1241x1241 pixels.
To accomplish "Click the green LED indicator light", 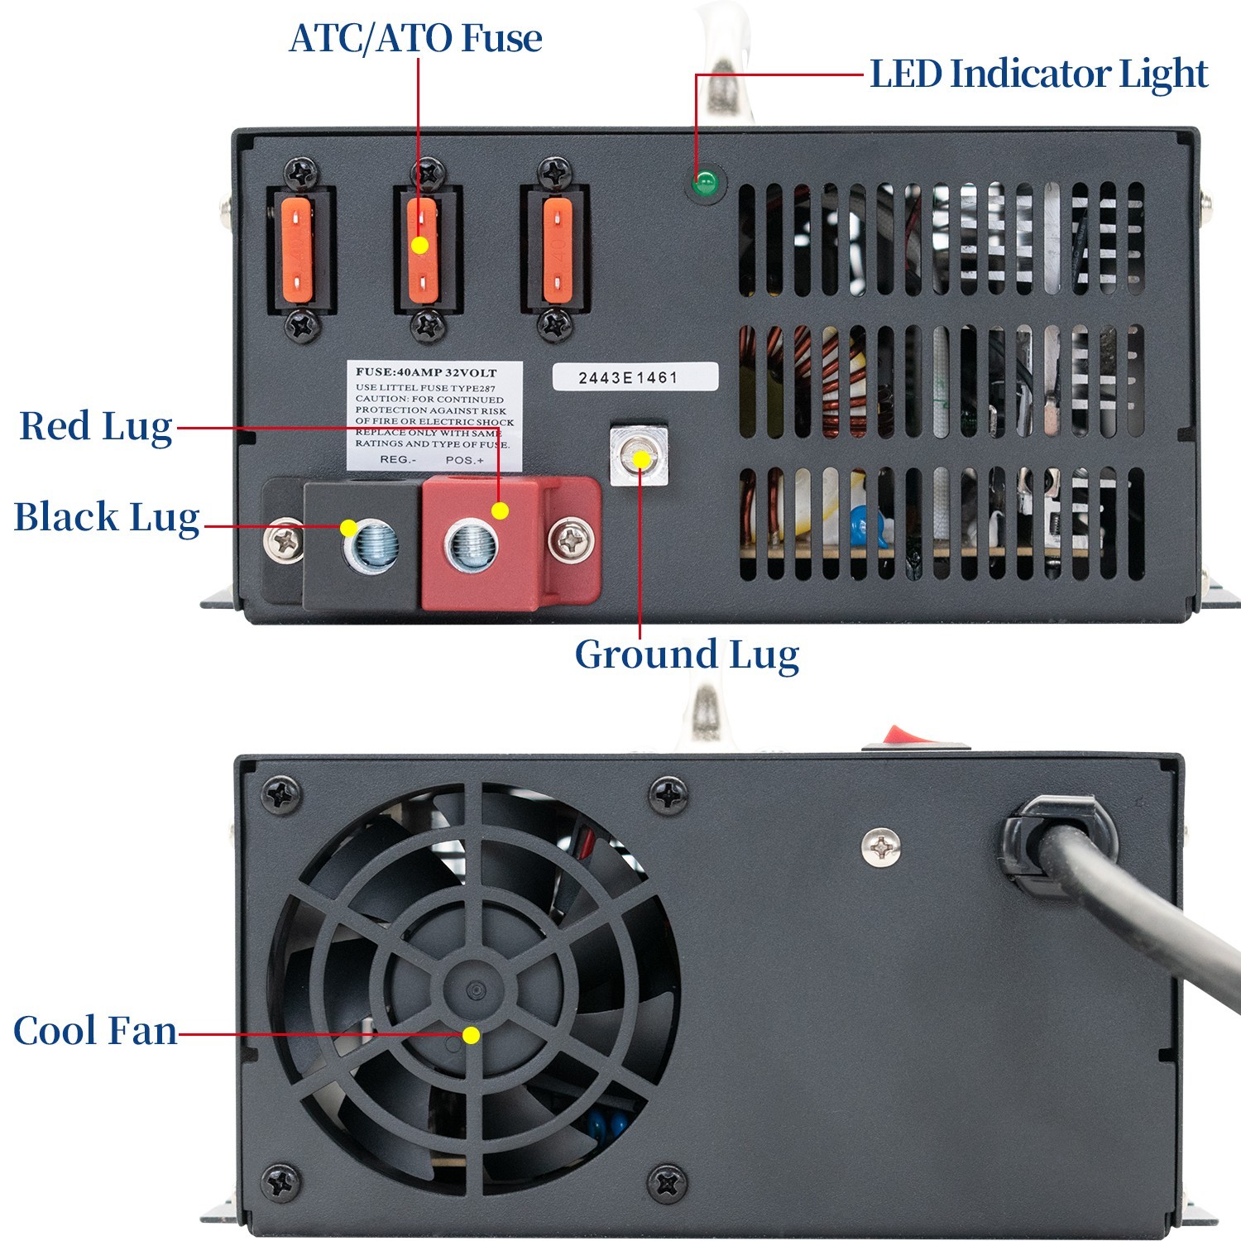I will click(x=705, y=183).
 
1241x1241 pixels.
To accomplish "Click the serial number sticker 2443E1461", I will click(x=635, y=377).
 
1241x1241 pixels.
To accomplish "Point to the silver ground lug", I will click(x=640, y=456).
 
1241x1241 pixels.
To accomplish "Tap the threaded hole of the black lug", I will click(x=371, y=547).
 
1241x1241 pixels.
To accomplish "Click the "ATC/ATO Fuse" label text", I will click(x=415, y=38).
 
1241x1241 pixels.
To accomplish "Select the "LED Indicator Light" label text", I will click(x=1038, y=74).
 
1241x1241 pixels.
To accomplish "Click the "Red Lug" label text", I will click(x=96, y=427).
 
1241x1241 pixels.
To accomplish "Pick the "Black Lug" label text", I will click(x=107, y=518).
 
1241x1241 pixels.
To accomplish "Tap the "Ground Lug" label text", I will click(x=687, y=654).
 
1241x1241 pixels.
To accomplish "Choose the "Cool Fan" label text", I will click(x=95, y=1031).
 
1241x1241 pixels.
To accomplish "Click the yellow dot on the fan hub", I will click(x=471, y=1035).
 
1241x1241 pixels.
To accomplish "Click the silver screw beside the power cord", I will click(x=882, y=846).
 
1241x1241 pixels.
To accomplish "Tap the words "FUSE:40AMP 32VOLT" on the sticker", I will click(x=426, y=372).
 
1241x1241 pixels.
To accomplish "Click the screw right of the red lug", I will click(x=571, y=541).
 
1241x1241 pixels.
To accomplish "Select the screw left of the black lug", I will click(x=285, y=541).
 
